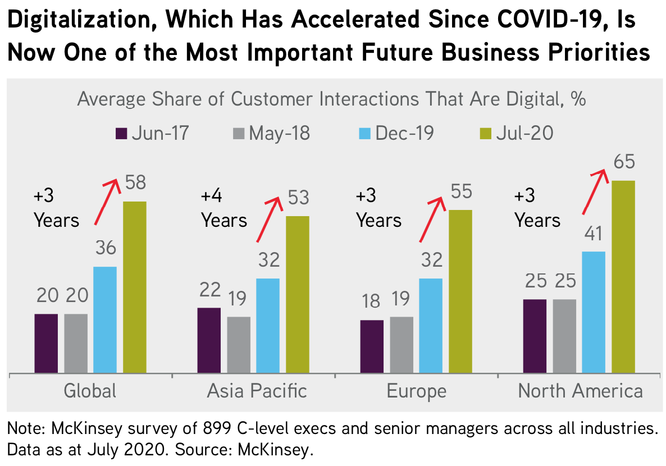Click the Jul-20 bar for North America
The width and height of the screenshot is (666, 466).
[623, 276]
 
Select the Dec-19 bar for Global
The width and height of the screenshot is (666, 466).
[105, 319]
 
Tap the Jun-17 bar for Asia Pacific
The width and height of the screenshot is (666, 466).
[209, 340]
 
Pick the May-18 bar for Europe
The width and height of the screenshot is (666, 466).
[401, 345]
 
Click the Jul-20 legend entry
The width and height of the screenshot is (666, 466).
[516, 133]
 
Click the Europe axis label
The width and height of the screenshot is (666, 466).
[416, 390]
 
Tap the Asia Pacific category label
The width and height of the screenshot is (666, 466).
[257, 390]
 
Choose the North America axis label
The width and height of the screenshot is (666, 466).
[580, 390]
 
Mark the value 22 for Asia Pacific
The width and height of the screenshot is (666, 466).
[208, 290]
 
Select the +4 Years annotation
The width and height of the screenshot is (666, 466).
[223, 208]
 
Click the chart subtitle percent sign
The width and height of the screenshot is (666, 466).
[578, 100]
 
